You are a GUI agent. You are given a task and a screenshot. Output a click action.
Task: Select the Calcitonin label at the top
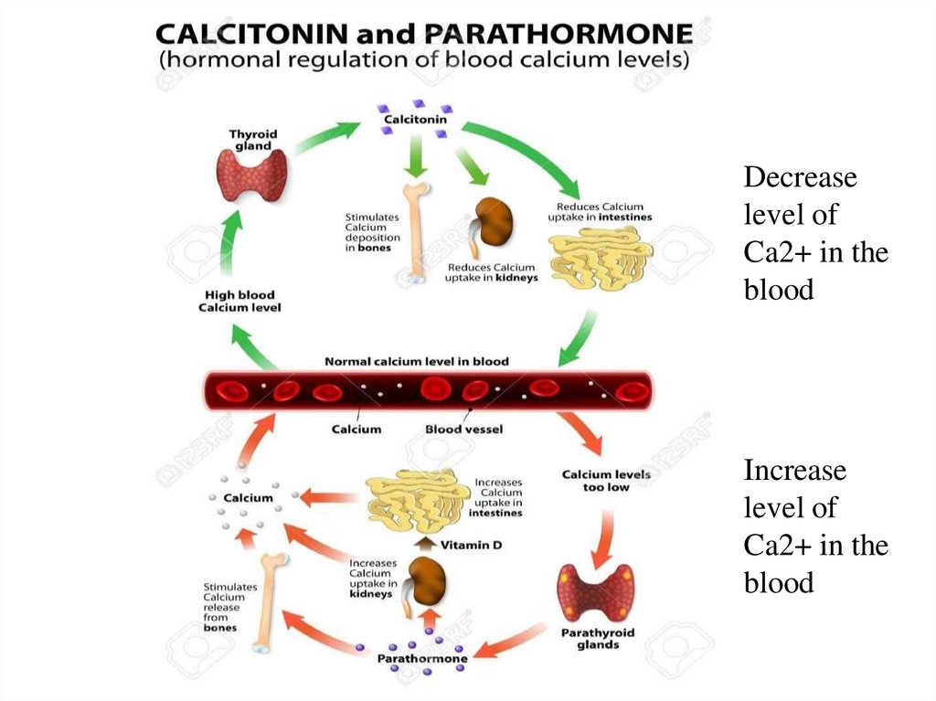coord(417,121)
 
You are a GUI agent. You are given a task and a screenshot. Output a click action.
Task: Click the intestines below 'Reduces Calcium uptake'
coord(600,260)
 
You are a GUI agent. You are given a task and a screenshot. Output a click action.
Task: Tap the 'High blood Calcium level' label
coord(239,302)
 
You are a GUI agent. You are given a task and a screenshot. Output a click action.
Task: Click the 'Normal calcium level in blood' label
coord(417,362)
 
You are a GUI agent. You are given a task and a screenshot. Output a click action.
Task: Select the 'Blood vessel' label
coord(463,429)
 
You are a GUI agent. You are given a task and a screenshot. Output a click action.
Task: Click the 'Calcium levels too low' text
coord(605,481)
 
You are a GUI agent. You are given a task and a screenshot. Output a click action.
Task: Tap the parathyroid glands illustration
coord(595,591)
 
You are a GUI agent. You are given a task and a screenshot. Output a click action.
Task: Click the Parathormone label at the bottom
coord(422,658)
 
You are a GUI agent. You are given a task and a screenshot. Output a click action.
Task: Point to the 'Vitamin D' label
coord(472,545)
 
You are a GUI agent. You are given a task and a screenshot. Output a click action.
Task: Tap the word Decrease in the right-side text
coord(800,177)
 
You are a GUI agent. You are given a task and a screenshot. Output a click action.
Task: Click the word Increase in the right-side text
coord(794,471)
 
